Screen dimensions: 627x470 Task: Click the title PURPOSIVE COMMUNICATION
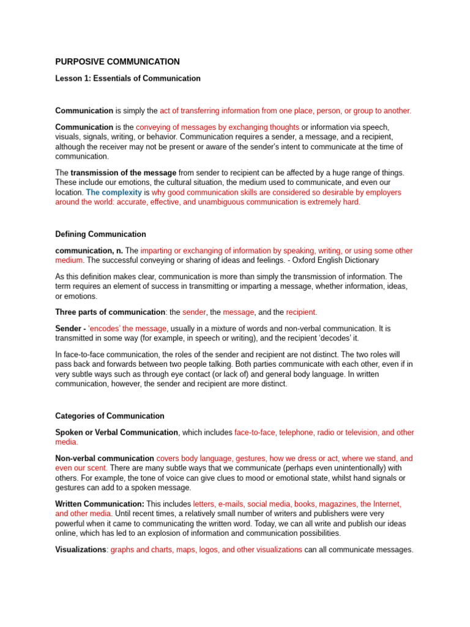(117, 62)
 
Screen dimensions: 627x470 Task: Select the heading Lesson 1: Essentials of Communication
(128, 78)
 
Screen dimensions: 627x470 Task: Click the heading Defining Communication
(100, 234)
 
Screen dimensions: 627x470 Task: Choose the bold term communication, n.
(89, 250)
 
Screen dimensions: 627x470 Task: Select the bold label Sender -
(70, 329)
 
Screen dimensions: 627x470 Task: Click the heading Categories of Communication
(110, 416)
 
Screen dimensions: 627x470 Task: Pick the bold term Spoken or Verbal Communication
(116, 432)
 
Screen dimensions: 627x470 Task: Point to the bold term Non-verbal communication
(105, 458)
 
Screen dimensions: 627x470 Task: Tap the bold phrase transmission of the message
(123, 173)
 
